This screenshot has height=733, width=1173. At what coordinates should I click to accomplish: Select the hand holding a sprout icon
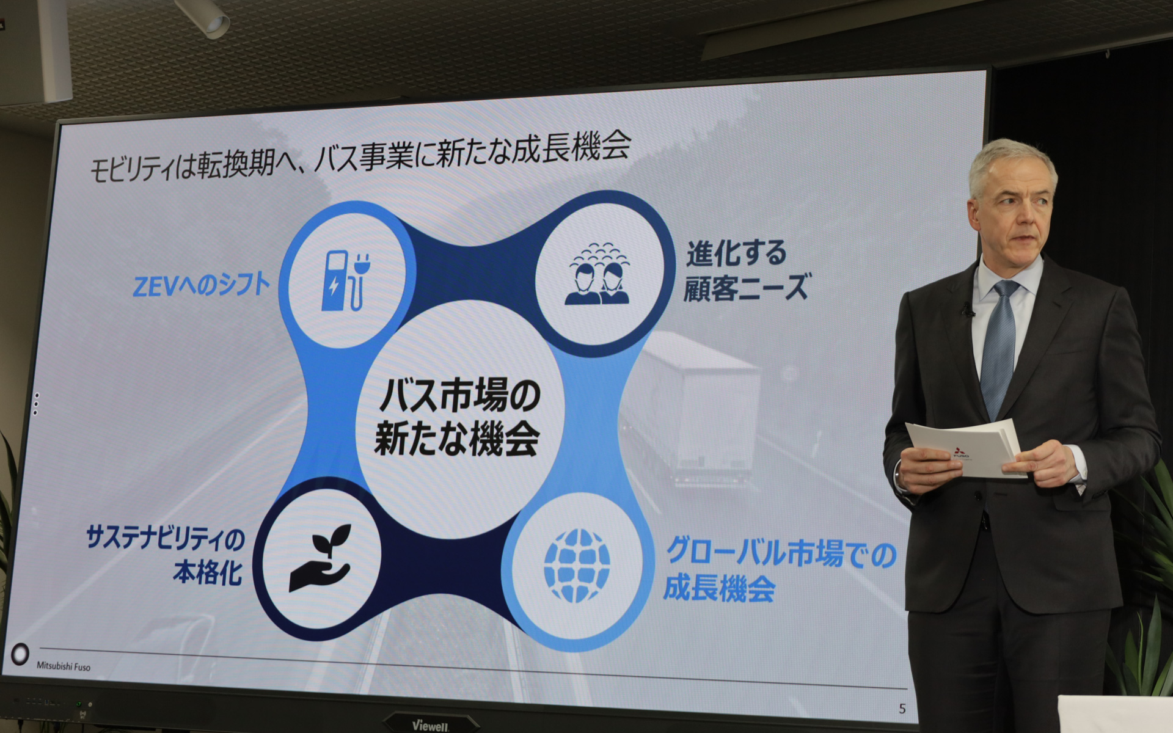click(320, 557)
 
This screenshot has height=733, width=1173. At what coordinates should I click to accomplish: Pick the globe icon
click(577, 566)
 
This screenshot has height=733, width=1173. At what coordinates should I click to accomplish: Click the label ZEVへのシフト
click(202, 285)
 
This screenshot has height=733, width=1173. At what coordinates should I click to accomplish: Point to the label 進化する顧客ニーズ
click(745, 271)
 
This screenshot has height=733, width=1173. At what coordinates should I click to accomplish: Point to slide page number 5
click(902, 709)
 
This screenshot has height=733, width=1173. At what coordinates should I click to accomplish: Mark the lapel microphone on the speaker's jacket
click(967, 309)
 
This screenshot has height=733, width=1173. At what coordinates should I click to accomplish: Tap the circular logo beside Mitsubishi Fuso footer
click(20, 654)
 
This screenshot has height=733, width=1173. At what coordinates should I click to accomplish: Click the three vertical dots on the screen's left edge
click(37, 404)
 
